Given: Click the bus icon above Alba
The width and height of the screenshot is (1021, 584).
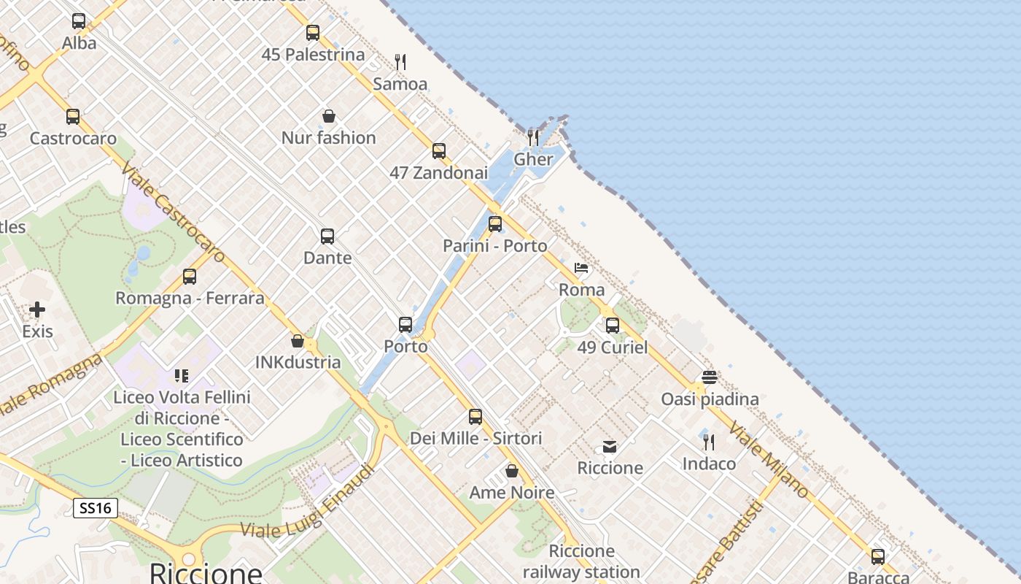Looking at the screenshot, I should [79, 21].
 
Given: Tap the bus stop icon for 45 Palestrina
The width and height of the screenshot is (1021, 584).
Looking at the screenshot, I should [313, 33].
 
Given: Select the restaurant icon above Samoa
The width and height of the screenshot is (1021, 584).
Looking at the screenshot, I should [400, 62].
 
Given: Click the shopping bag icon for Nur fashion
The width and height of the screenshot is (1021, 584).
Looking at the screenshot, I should [329, 116].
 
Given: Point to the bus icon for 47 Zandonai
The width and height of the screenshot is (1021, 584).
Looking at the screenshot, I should [439, 151].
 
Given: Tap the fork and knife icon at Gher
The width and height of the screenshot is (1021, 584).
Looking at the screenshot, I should [533, 137].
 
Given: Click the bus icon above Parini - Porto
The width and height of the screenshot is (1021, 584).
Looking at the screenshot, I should [495, 224].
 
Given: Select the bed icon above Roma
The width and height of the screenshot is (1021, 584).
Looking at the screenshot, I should [581, 268].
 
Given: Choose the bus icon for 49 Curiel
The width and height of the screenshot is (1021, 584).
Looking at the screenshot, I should [613, 326].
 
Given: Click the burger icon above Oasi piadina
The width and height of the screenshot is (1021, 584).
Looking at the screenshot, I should [710, 377].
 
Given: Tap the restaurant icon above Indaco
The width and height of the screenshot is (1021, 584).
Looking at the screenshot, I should [708, 442].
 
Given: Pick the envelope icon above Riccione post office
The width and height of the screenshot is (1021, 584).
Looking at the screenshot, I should [610, 446].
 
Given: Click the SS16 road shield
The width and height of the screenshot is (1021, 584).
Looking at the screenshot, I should [96, 508].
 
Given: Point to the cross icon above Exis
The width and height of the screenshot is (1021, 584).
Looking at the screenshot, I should [37, 310].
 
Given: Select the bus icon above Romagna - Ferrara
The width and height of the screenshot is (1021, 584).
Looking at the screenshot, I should [190, 277].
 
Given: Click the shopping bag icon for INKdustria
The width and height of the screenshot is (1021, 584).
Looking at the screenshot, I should [298, 341].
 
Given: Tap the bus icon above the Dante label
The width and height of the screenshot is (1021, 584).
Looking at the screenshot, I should [327, 237].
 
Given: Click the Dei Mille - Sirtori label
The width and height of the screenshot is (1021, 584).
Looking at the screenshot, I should [475, 438].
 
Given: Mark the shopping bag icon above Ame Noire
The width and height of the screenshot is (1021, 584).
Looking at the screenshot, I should [512, 471].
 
